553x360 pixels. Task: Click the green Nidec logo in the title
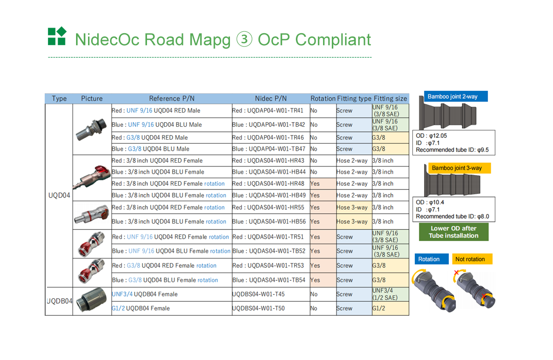click(x=57, y=36)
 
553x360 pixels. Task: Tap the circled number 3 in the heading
click(x=244, y=39)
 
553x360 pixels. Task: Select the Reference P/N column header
click(x=172, y=99)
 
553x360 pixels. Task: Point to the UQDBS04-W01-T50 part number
click(x=258, y=308)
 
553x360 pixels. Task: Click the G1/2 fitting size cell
click(x=390, y=308)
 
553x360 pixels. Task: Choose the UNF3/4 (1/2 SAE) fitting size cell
click(x=390, y=294)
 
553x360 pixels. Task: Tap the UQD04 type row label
click(x=59, y=195)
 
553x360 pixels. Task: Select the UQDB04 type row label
click(x=59, y=301)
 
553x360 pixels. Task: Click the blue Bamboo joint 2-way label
click(x=456, y=96)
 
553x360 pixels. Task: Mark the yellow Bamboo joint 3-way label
click(x=459, y=168)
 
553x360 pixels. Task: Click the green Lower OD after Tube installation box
click(x=453, y=232)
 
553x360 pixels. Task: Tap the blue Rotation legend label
click(x=431, y=259)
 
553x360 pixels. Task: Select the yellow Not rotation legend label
click(x=472, y=259)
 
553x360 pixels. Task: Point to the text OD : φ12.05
click(x=431, y=136)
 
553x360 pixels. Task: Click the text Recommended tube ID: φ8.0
click(x=452, y=216)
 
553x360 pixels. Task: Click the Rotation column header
click(x=323, y=99)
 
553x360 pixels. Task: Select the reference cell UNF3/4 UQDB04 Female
click(x=145, y=294)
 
